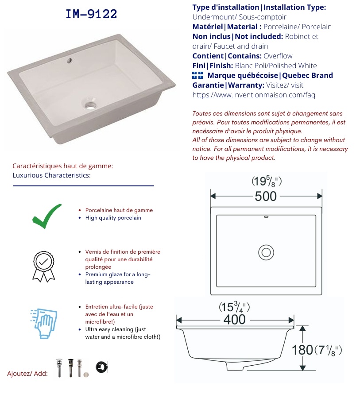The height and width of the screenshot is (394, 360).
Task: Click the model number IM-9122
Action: [x=91, y=14]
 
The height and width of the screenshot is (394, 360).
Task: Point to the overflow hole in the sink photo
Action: [x=70, y=60]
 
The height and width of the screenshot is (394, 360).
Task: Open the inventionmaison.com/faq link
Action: [x=254, y=95]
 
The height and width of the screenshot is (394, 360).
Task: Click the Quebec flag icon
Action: [x=197, y=75]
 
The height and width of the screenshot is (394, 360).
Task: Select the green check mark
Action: [x=47, y=216]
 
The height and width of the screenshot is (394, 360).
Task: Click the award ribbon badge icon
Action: [x=43, y=267]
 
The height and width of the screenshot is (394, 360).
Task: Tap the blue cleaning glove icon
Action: [x=44, y=324]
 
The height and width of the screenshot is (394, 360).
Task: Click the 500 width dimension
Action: [x=266, y=196]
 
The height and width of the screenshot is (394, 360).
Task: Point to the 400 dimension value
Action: [x=235, y=319]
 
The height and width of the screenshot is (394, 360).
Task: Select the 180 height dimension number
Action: [x=302, y=350]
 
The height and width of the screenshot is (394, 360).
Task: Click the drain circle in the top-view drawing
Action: [x=266, y=252]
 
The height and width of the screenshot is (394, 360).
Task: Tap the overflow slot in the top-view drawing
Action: [x=266, y=216]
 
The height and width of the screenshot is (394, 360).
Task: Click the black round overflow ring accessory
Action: [x=101, y=367]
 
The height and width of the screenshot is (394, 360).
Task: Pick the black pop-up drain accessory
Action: [x=71, y=368]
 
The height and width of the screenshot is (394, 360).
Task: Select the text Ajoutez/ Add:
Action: [x=27, y=374]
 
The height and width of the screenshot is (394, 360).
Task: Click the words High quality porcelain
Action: [x=113, y=218]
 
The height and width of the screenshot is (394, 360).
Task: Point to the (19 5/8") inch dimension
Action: [x=267, y=181]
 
